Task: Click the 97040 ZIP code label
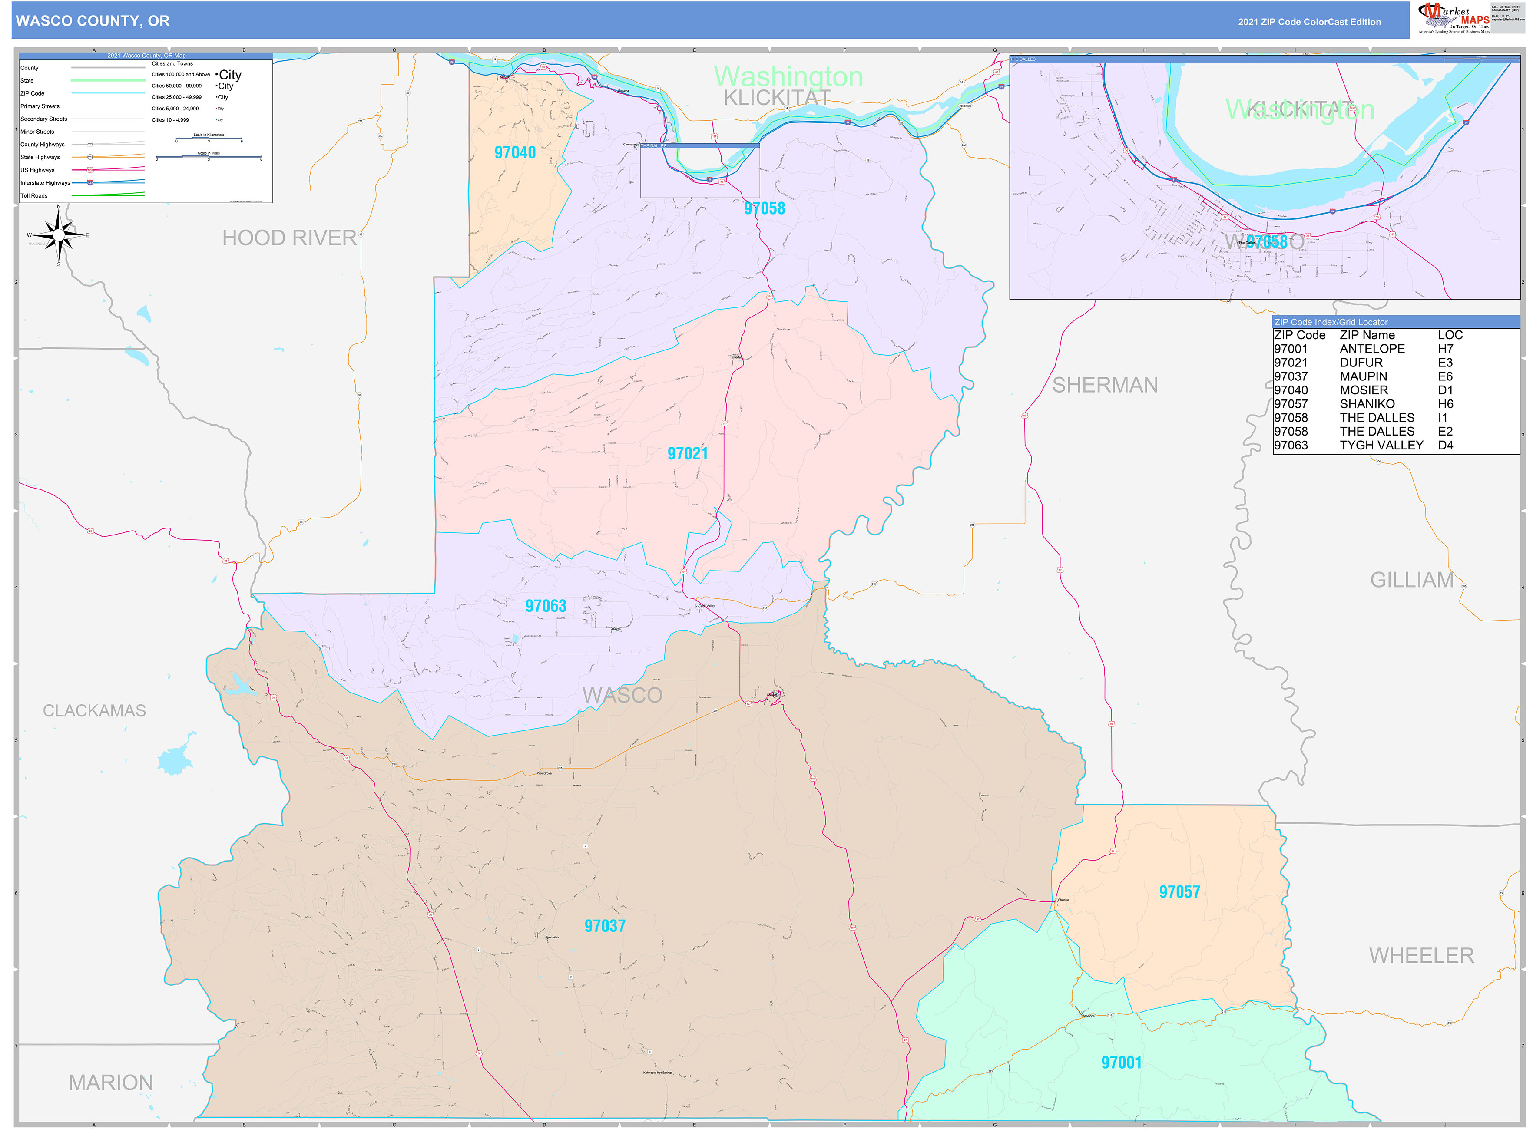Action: pos(515,152)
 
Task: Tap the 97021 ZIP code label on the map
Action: pos(687,453)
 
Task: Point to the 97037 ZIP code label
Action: pos(604,926)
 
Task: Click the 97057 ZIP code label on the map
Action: pos(1179,892)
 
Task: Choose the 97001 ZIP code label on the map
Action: pos(1121,1063)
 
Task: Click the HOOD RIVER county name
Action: pos(289,238)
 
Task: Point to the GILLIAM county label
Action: pos(1411,580)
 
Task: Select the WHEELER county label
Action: pos(1421,955)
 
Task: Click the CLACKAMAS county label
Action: pos(94,711)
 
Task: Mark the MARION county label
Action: pos(111,1083)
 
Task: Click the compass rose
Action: pos(59,235)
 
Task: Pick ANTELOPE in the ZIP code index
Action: pos(1372,349)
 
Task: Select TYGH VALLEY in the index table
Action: pos(1381,445)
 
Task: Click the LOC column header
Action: pos(1450,335)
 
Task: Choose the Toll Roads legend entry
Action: pos(34,195)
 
